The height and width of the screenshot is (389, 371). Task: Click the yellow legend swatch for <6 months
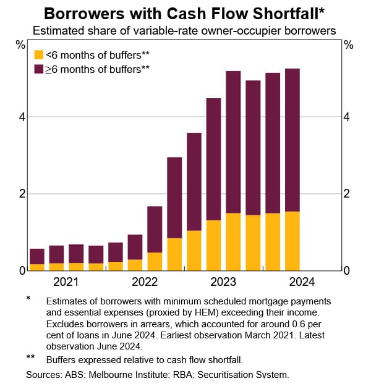click(x=38, y=54)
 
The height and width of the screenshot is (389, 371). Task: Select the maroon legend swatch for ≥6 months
click(x=38, y=69)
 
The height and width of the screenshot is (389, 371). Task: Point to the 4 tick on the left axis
click(x=21, y=117)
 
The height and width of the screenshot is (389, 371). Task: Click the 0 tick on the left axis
click(x=21, y=270)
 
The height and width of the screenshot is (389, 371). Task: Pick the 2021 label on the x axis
click(x=66, y=282)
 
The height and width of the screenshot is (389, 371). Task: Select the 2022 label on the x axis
click(x=144, y=282)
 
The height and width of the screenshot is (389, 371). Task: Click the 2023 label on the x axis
click(x=223, y=282)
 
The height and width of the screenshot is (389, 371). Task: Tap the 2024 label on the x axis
click(x=302, y=282)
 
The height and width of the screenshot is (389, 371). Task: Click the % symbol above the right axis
click(x=349, y=44)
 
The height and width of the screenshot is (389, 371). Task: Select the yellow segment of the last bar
click(x=292, y=241)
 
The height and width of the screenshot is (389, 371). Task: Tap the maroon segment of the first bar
click(x=37, y=256)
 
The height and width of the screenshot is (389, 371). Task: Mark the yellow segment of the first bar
click(x=37, y=267)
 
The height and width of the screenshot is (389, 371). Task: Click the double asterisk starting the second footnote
click(x=30, y=358)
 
